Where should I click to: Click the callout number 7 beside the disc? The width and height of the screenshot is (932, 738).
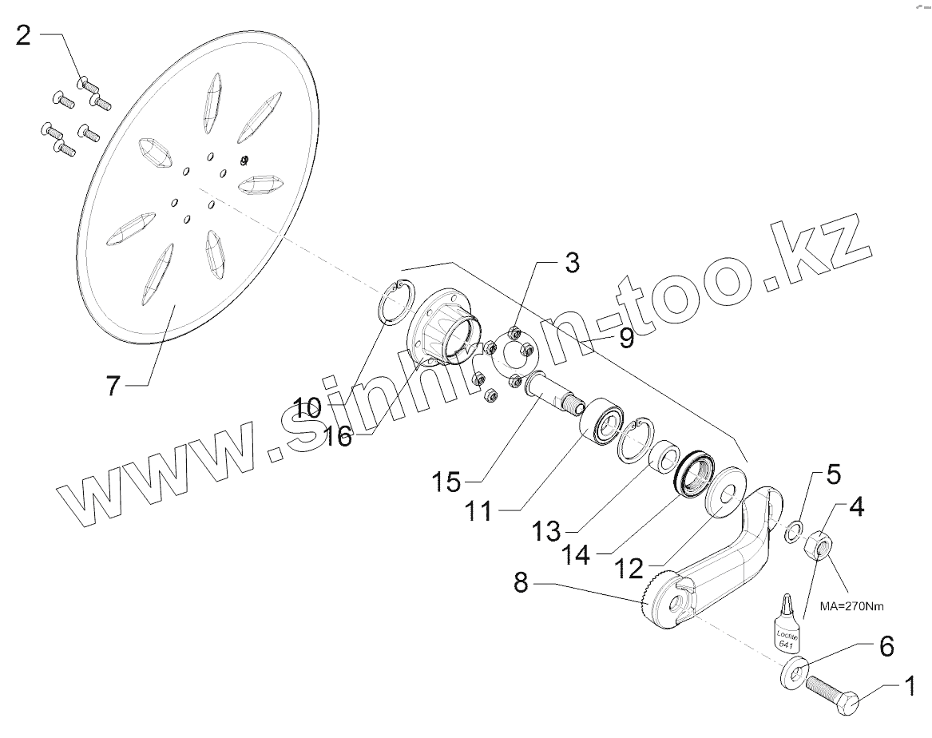click(x=113, y=387)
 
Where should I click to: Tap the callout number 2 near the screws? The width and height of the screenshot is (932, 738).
click(x=24, y=36)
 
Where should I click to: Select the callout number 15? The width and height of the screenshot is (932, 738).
click(x=446, y=482)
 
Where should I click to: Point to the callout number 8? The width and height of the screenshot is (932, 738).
click(x=521, y=583)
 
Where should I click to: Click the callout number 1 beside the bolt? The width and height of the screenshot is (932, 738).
click(x=908, y=684)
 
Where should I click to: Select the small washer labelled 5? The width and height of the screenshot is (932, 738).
click(x=793, y=530)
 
